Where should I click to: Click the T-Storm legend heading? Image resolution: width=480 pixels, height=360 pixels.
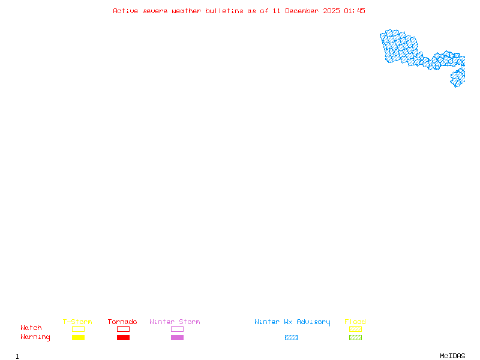point(77,322)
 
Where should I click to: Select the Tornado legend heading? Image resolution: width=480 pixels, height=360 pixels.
point(122,322)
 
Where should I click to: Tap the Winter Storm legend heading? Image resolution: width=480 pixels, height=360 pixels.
point(175,322)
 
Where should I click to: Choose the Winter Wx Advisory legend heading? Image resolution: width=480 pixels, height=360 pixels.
point(292,322)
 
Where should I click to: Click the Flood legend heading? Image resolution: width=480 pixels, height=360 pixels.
point(355,322)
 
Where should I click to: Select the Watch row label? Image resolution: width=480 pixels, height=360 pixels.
point(31,328)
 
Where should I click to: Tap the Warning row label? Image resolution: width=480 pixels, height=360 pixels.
point(35,337)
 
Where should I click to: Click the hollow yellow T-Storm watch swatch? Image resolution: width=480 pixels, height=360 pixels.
point(78,329)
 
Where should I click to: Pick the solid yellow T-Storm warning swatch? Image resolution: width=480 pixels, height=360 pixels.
point(78,337)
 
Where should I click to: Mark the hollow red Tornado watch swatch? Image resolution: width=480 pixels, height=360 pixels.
point(123,329)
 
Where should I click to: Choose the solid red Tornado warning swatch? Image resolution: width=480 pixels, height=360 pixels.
point(123,337)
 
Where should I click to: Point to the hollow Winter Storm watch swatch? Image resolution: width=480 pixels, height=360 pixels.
point(177,329)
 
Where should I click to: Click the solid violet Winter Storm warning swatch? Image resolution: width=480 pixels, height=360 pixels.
point(177,337)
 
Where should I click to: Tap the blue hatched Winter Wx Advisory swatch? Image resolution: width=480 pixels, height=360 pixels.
point(291,337)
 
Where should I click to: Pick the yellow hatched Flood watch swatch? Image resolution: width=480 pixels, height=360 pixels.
point(355,329)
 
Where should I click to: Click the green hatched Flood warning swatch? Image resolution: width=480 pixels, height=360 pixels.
point(355,337)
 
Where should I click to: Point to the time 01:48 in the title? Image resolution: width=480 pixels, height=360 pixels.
point(355,11)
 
